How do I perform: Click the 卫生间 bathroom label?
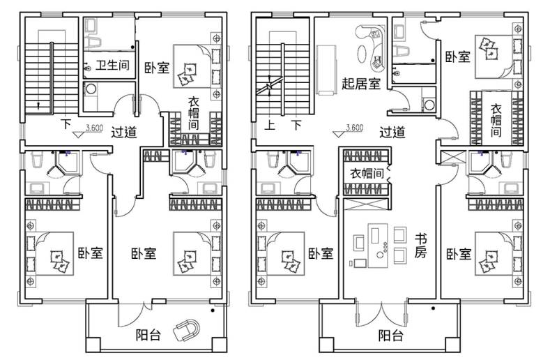click(x=112, y=66)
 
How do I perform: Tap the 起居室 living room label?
click(x=361, y=84)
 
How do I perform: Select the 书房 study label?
click(x=420, y=246)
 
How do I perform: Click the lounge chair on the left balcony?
click(x=187, y=330)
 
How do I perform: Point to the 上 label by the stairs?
click(x=269, y=125)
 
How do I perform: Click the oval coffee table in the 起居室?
click(x=362, y=54)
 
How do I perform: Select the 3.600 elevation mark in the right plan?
click(x=350, y=130)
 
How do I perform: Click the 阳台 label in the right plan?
click(x=390, y=336)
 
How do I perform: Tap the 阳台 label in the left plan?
click(x=148, y=335)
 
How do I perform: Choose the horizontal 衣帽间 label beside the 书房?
click(x=367, y=173)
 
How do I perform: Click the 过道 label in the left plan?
click(x=124, y=133)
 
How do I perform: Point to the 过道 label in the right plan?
click(x=392, y=133)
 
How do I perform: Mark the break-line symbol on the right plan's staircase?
click(x=269, y=85)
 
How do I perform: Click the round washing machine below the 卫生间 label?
click(x=91, y=88)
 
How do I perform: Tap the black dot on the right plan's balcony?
click(x=433, y=308)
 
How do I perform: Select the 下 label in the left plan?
click(x=66, y=124)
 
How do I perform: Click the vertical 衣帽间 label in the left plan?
click(x=194, y=113)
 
